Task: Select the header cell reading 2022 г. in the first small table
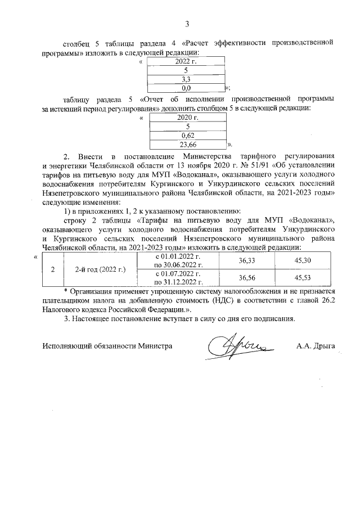[186, 61]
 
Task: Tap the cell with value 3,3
[186, 79]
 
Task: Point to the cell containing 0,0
[186, 88]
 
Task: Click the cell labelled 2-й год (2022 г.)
[100, 269]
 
